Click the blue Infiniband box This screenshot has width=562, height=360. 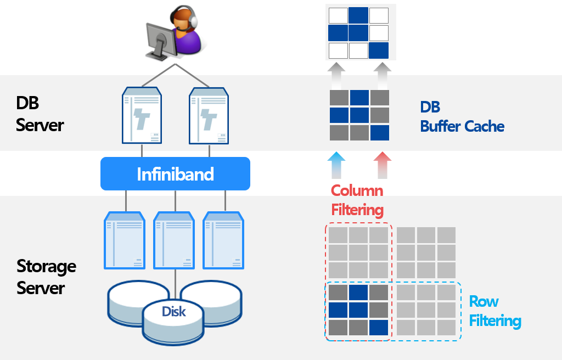(x=175, y=174)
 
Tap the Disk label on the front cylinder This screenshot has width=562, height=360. (x=173, y=312)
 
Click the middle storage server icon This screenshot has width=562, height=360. (x=175, y=241)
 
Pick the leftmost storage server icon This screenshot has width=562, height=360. (x=125, y=241)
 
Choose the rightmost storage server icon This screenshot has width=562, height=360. (x=224, y=241)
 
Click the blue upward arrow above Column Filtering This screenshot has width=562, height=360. (x=336, y=165)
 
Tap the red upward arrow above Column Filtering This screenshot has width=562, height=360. (x=383, y=165)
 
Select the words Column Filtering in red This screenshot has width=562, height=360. (x=357, y=200)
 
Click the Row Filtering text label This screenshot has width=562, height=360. (x=494, y=311)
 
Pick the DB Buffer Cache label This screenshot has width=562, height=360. (x=462, y=116)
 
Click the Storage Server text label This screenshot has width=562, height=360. (x=46, y=277)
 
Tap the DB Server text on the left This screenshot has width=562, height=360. (x=40, y=114)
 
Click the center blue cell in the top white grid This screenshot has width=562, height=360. (x=359, y=33)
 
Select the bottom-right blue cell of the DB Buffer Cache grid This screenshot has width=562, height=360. (x=379, y=133)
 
